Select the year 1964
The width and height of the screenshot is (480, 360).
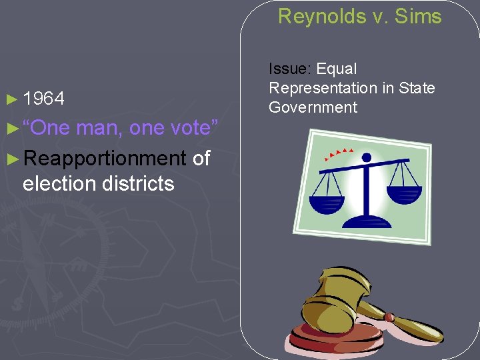coord(44,99)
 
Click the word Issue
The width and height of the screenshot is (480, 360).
coord(290,69)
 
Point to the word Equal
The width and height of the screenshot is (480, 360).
coord(337,69)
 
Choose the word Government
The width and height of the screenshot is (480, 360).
coord(313,107)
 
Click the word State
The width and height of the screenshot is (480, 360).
coord(417,88)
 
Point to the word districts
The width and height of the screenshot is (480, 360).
coord(138,183)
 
